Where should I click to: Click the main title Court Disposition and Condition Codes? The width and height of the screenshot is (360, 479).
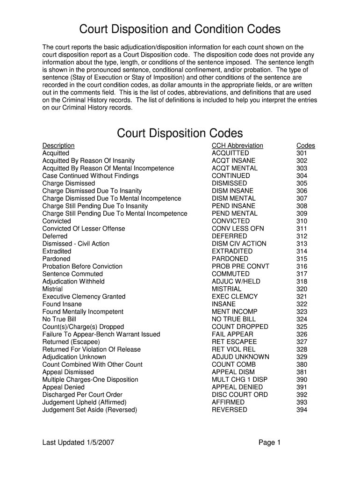pyautogui.click(x=180, y=29)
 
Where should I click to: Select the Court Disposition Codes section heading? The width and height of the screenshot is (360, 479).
pyautogui.click(x=180, y=133)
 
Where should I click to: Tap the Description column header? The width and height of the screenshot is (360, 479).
pyautogui.click(x=58, y=145)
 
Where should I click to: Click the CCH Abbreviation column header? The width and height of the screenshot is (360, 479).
pyautogui.click(x=238, y=145)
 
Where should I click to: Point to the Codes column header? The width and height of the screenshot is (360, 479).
pyautogui.click(x=306, y=145)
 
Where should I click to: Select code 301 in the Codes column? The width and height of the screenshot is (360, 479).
pyautogui.click(x=302, y=153)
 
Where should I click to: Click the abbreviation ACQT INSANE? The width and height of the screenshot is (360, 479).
pyautogui.click(x=234, y=160)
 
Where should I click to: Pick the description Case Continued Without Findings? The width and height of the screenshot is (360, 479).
pyautogui.click(x=91, y=176)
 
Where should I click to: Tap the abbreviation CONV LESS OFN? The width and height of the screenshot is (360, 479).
pyautogui.click(x=238, y=228)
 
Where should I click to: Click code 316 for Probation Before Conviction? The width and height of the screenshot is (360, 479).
pyautogui.click(x=302, y=266)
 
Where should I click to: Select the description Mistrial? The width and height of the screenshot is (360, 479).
pyautogui.click(x=52, y=289)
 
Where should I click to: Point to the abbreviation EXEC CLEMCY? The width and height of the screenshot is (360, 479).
pyautogui.click(x=235, y=297)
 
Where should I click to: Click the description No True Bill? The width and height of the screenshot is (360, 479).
pyautogui.click(x=59, y=319)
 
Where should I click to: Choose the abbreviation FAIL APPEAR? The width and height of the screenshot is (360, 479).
pyautogui.click(x=232, y=334)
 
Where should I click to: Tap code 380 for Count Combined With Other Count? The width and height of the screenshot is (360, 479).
pyautogui.click(x=302, y=364)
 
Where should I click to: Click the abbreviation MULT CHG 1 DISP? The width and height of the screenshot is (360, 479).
pyautogui.click(x=240, y=379)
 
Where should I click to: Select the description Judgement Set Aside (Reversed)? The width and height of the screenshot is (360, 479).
pyautogui.click(x=90, y=410)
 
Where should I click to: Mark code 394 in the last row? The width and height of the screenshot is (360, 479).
pyautogui.click(x=302, y=410)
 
